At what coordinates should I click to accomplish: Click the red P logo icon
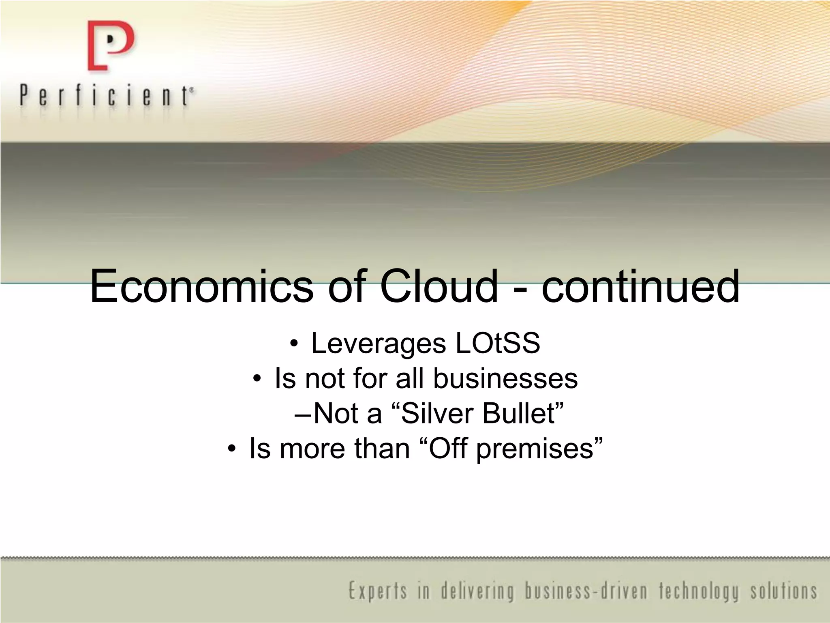click(110, 46)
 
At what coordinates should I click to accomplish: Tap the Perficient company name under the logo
click(106, 96)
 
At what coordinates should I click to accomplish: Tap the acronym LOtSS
click(498, 343)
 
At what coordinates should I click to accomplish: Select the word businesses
click(505, 378)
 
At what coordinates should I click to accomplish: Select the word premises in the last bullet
click(535, 449)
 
